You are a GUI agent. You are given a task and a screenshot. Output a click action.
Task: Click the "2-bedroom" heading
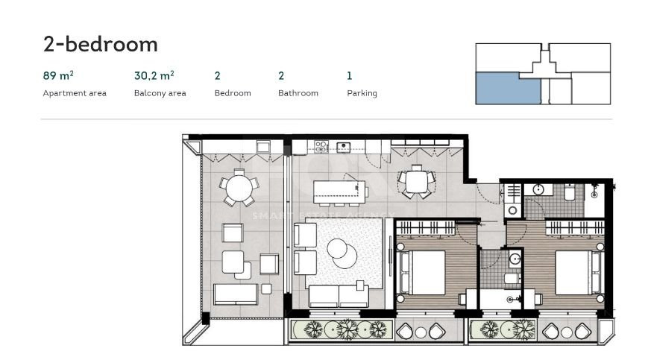pyautogui.click(x=101, y=44)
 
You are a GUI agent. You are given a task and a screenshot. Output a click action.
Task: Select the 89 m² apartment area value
pyautogui.click(x=58, y=75)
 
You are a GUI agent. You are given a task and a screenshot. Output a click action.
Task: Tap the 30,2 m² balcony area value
pyautogui.click(x=154, y=75)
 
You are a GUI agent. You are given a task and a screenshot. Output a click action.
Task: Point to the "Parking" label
pyautogui.click(x=362, y=93)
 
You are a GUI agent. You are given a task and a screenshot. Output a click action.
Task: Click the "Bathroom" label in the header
pyautogui.click(x=298, y=93)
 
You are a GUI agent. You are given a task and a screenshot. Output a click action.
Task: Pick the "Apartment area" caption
pyautogui.click(x=75, y=93)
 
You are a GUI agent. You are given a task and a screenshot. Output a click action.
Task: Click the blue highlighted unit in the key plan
pyautogui.click(x=507, y=89)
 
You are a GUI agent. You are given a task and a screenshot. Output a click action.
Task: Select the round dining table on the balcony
pyautogui.click(x=238, y=187)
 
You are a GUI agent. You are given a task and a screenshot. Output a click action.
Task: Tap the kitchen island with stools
pyautogui.click(x=339, y=191)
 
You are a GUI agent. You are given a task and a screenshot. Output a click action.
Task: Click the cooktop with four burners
pyautogui.click(x=321, y=147)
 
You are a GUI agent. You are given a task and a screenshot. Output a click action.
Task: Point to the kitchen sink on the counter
pyautogui.click(x=344, y=147)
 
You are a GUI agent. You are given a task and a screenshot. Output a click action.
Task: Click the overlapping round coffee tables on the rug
pyautogui.click(x=342, y=252)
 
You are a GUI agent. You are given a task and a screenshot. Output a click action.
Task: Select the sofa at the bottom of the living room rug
pyautogui.click(x=339, y=295)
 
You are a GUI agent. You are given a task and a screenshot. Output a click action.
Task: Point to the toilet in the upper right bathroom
pyautogui.click(x=569, y=192)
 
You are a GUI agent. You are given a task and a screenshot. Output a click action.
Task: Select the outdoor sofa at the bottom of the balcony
pyautogui.click(x=236, y=294)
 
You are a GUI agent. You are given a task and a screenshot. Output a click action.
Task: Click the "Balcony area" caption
pyautogui.click(x=160, y=93)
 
